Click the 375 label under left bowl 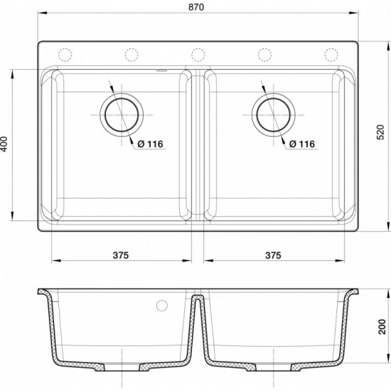click(x=120, y=255)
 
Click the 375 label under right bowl click(x=273, y=255)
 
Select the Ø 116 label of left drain click(x=149, y=144)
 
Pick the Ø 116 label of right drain click(x=301, y=144)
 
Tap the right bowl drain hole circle click(x=272, y=114)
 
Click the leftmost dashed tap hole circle click(x=65, y=54)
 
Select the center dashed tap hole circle click(x=198, y=54)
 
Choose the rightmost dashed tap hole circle click(x=331, y=54)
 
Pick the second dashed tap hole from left click(x=132, y=54)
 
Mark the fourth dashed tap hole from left click(x=264, y=54)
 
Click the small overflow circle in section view click(x=161, y=306)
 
